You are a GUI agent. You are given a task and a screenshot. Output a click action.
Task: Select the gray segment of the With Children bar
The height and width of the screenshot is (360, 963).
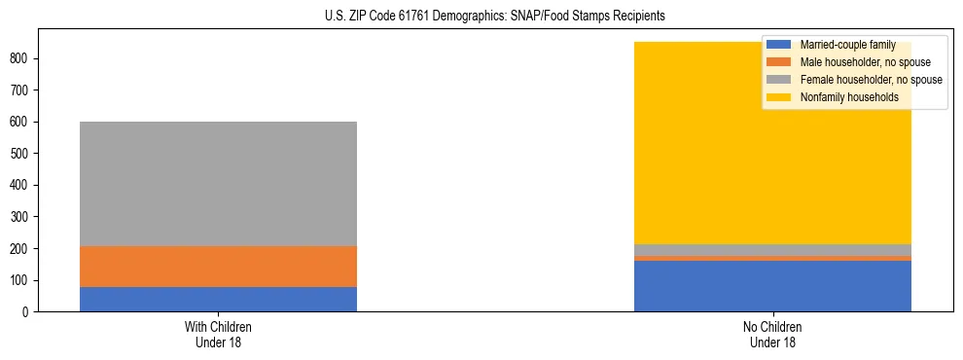[x=218, y=184]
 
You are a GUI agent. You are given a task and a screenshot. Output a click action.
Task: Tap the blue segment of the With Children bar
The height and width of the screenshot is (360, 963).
[x=218, y=299]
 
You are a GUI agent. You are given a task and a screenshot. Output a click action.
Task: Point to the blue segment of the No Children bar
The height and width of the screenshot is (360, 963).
[x=772, y=286]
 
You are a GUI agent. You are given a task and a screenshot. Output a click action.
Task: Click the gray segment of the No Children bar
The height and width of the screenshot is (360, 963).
[x=772, y=250]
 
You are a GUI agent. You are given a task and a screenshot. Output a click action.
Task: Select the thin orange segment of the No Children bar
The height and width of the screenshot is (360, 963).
[x=772, y=259]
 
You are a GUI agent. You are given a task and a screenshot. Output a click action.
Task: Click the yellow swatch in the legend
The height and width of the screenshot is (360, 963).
[x=779, y=97]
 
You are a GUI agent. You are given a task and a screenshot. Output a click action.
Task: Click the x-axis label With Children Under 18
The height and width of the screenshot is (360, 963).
[x=218, y=334]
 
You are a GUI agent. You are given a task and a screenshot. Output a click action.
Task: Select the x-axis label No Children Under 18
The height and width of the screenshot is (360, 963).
[x=772, y=334]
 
